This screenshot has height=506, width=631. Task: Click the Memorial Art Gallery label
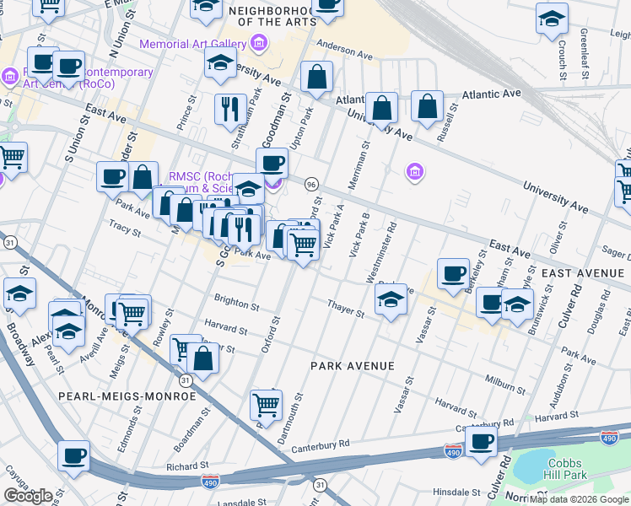pyautogui.click(x=193, y=43)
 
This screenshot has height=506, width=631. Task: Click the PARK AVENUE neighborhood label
pyautogui.click(x=352, y=365)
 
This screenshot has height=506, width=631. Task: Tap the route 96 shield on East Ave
pyautogui.click(x=311, y=184)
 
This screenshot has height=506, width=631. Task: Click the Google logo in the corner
pyautogui.click(x=28, y=496)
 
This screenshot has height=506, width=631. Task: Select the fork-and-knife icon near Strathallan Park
pyautogui.click(x=229, y=109)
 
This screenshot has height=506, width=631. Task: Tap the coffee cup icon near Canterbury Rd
pyautogui.click(x=482, y=441)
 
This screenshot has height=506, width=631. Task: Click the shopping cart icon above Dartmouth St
pyautogui.click(x=267, y=405)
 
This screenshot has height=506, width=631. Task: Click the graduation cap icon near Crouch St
pyautogui.click(x=553, y=19)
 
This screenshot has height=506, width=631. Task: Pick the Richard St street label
pyautogui.click(x=187, y=466)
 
